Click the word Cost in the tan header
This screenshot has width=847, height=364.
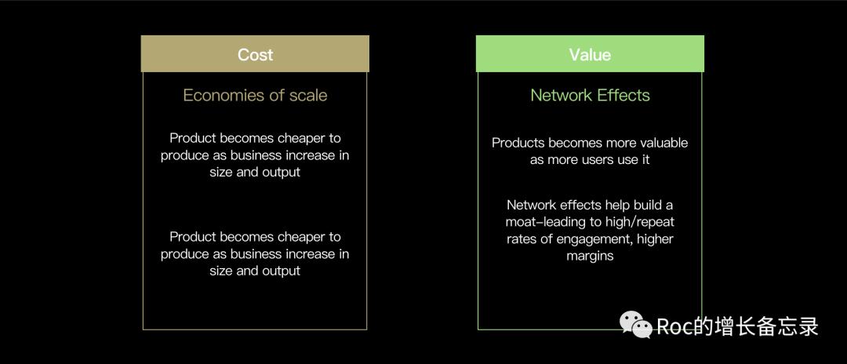[255, 55]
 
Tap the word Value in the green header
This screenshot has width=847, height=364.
[590, 55]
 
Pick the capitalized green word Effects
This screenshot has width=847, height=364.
[623, 95]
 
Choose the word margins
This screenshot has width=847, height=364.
[590, 256]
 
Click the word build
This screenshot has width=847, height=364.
[648, 206]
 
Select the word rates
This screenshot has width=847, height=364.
[522, 239]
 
